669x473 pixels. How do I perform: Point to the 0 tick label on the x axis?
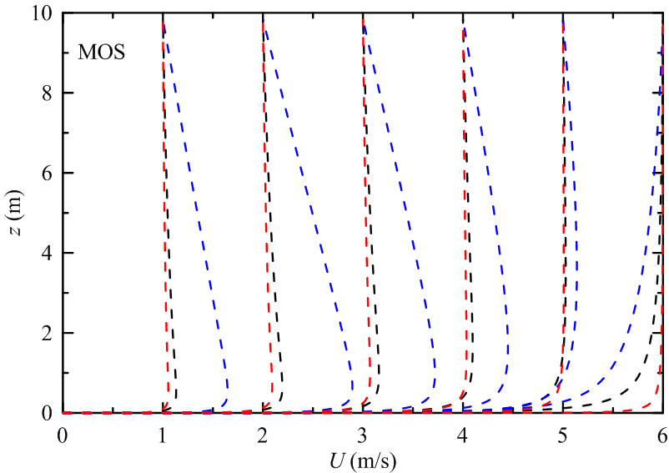(x=63, y=435)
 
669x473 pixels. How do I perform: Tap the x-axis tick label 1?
(x=163, y=435)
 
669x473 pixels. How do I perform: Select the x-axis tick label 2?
(x=263, y=435)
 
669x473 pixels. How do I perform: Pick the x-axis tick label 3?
(x=363, y=435)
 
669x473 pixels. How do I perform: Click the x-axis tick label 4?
(x=463, y=435)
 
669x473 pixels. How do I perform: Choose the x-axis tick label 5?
(x=563, y=435)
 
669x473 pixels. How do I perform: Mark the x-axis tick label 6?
(x=661, y=435)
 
